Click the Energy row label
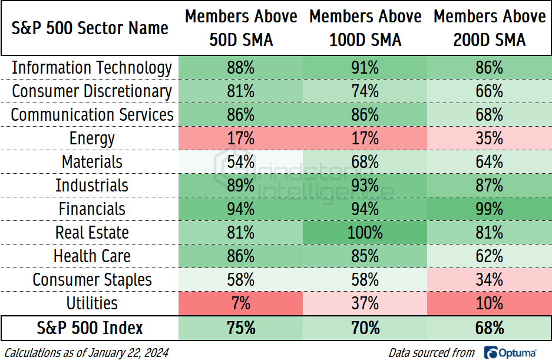point(92,138)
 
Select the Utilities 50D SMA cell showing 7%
point(241,303)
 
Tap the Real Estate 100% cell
point(365,233)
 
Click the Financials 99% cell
point(489,209)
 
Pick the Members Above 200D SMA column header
point(489,28)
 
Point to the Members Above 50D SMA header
point(241,28)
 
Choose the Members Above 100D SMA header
point(365,28)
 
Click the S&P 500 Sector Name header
point(90,28)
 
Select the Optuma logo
point(510,352)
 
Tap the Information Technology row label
point(92,68)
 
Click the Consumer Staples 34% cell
point(489,280)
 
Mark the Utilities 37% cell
point(365,303)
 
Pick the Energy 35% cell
point(489,138)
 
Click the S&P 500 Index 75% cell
point(241,328)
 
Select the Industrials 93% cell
point(365,186)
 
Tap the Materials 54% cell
point(241,162)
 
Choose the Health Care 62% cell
point(489,256)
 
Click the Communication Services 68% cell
point(489,115)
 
